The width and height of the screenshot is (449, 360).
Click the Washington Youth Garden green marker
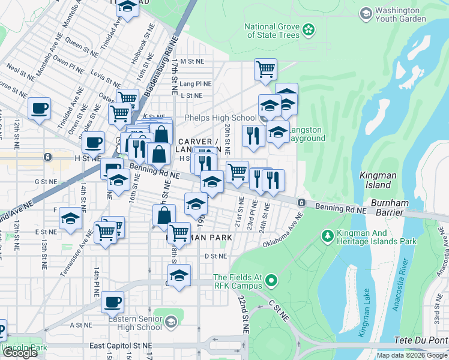tap(366, 13)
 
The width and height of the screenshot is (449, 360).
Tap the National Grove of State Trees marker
tap(309, 29)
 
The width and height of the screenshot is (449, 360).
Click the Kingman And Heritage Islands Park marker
tap(327, 235)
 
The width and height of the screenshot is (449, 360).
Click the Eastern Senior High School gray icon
tap(171, 323)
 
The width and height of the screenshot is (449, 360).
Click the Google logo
tap(20, 353)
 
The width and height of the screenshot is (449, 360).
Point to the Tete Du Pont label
tap(420, 340)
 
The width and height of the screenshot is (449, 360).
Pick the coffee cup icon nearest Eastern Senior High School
tap(112, 302)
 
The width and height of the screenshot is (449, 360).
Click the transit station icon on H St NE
tap(47, 157)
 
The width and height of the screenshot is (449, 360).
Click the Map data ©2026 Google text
tap(412, 355)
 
